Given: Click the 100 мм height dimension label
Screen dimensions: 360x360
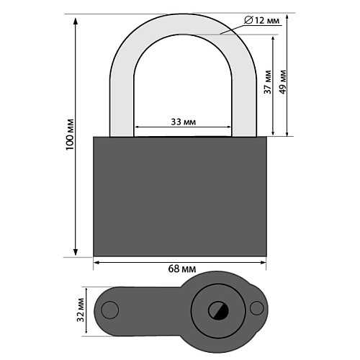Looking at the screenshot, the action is coord(70,135).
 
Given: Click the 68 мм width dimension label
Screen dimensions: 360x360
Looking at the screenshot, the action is coord(182,269).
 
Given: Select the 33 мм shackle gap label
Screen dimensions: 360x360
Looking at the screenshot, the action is coord(184,122).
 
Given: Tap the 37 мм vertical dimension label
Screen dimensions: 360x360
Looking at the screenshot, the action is coord(268,82).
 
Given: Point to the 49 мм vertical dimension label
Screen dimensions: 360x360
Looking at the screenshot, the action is coord(283,82).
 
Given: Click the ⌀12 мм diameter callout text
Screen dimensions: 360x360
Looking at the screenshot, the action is coord(262,21).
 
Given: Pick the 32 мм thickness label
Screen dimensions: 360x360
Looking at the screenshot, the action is coord(80,310).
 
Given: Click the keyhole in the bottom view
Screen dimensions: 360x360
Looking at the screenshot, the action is coord(218,310).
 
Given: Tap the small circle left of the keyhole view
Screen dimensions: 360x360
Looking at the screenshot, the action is coord(110,310).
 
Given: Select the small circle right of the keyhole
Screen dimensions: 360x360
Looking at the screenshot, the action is coord(256,308).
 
